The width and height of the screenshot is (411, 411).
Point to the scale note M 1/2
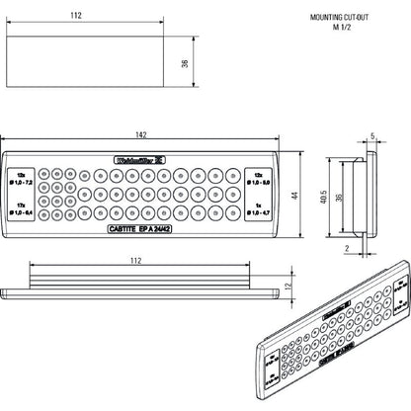tap(343, 30)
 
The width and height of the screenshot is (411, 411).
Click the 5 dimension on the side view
tap(372, 138)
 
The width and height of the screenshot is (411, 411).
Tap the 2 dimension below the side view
tap(348, 249)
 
